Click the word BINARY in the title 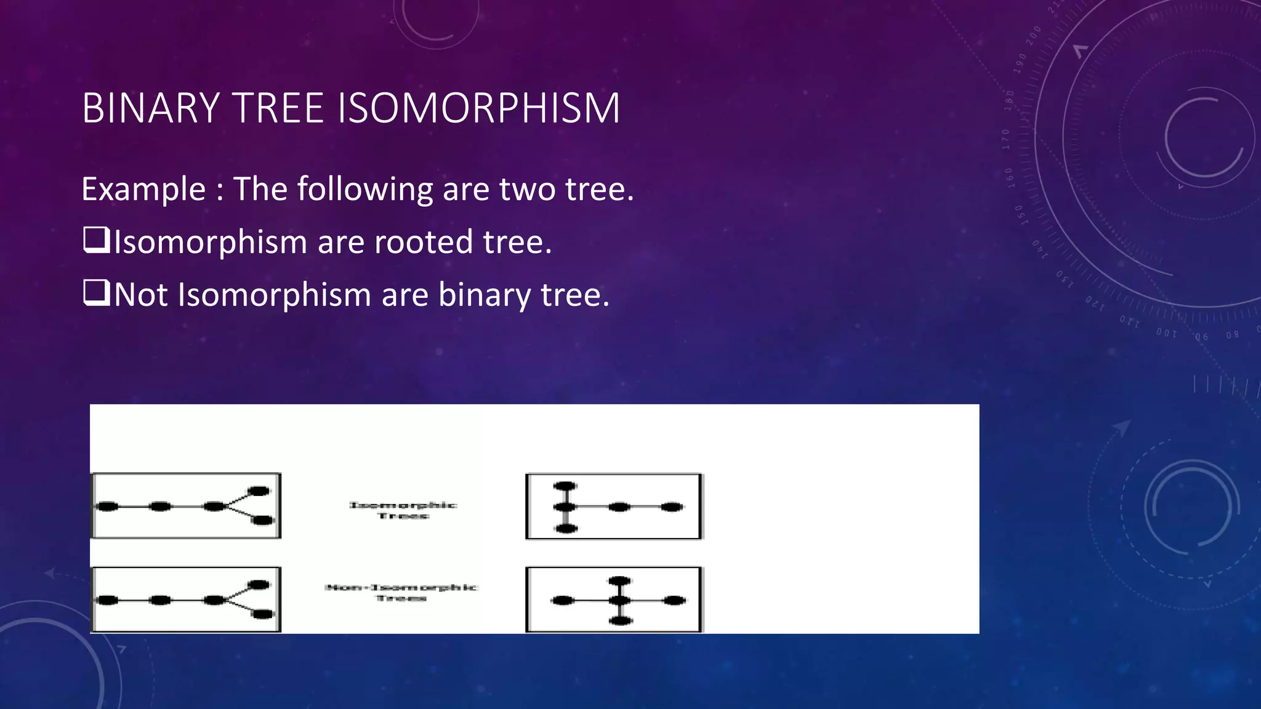[151, 108]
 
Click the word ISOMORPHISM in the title [479, 108]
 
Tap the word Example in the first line [143, 189]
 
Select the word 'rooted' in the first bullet [424, 242]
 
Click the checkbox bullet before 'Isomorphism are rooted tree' [95, 241]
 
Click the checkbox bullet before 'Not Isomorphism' [95, 294]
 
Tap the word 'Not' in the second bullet [141, 295]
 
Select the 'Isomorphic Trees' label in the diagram [403, 510]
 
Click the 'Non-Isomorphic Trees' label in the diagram [401, 593]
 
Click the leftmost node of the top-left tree [107, 507]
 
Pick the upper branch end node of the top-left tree [259, 491]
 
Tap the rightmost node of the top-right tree [672, 507]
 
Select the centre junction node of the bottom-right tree [620, 601]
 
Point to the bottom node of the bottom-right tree [620, 620]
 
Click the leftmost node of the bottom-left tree [107, 600]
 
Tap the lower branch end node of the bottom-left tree [263, 614]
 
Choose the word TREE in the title [278, 108]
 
